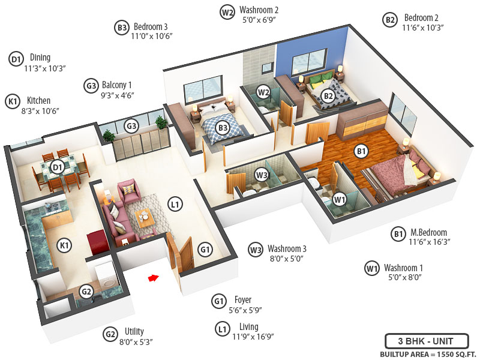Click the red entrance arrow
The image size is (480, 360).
coord(154,278)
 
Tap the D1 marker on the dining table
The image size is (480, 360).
coord(58,167)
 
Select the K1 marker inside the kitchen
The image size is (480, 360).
coord(64,245)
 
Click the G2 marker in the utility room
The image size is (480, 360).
coord(86,292)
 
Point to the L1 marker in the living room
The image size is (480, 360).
coord(175,205)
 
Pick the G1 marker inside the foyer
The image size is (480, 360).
coord(205,249)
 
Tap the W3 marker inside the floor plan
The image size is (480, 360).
coord(262,175)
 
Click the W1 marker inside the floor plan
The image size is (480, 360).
coord(340,199)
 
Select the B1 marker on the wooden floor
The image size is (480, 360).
coord(361,152)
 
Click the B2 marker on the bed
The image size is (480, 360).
coord(328,95)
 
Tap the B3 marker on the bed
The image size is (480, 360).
coord(223,127)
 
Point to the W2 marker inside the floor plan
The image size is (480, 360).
coord(263,92)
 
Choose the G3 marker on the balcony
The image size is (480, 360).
coord(131,126)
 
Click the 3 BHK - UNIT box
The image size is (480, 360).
coord(425,341)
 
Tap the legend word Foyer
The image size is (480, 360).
coord(244,299)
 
